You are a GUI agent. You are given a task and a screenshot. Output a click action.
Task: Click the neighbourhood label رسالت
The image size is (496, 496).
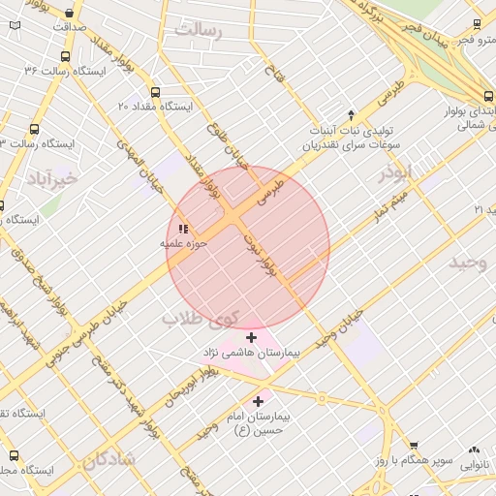point(199,31)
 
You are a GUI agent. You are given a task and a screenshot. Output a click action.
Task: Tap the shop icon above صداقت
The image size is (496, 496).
point(70,14)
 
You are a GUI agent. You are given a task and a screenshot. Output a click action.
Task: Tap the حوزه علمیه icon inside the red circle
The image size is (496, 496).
point(183,229)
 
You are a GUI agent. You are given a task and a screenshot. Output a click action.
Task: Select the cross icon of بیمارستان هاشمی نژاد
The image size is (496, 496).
point(252,337)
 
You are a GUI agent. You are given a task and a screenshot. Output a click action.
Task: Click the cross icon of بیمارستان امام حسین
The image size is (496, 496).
point(258,401)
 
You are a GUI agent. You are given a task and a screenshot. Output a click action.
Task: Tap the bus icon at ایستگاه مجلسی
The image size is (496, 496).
point(13,454)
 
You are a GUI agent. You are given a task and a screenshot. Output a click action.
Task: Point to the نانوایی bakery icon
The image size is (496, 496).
point(474,450)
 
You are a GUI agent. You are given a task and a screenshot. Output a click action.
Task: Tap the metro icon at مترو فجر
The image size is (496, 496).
point(477,25)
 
